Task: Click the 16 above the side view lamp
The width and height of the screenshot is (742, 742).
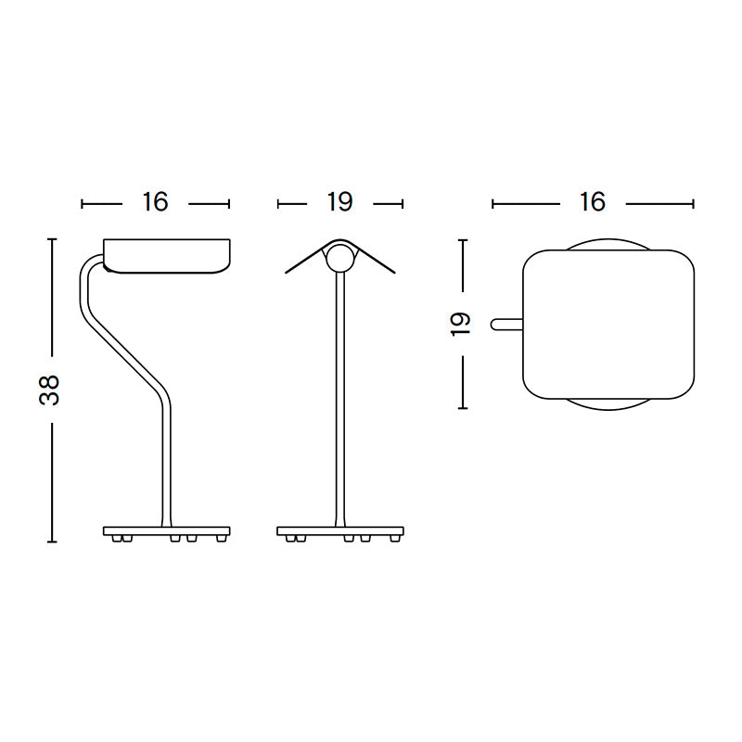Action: (155, 202)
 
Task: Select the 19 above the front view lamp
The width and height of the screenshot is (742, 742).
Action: (340, 202)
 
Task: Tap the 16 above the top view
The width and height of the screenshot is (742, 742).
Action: (592, 202)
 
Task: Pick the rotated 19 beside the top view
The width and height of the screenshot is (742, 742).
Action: (461, 323)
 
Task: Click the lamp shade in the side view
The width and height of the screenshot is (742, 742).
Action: (167, 256)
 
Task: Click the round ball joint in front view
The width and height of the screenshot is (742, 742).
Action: (340, 260)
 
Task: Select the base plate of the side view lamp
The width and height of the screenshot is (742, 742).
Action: (167, 531)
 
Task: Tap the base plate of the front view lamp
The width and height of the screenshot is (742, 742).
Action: (340, 531)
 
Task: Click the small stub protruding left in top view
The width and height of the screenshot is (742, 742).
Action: (505, 323)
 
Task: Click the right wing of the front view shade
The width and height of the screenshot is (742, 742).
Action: (377, 260)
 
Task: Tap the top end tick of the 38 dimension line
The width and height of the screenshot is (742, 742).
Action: (52, 239)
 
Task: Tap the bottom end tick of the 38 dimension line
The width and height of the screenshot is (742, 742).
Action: (52, 542)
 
